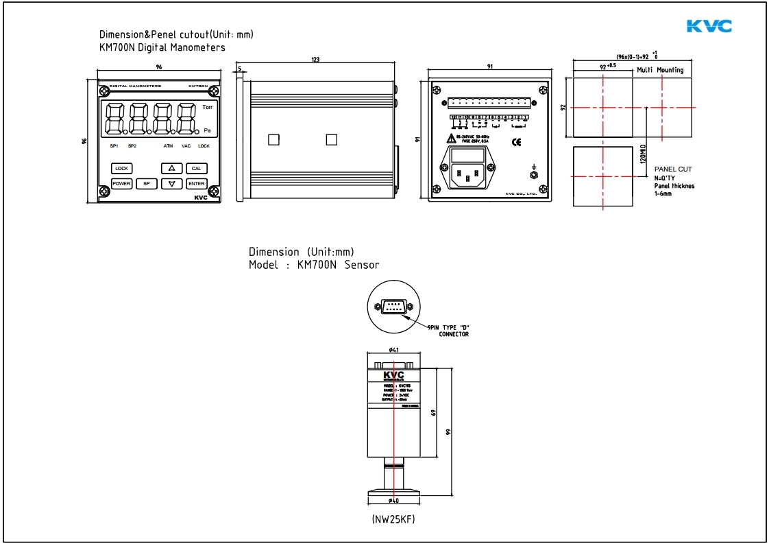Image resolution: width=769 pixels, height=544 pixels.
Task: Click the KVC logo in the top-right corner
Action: click(x=709, y=26)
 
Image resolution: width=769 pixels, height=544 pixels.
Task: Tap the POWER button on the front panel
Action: click(x=121, y=184)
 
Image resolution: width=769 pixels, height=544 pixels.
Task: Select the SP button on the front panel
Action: click(x=146, y=184)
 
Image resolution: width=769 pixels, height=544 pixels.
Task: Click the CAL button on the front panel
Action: click(x=196, y=168)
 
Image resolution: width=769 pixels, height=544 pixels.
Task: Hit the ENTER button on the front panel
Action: click(x=196, y=184)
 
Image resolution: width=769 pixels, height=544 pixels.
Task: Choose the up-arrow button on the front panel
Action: click(x=171, y=168)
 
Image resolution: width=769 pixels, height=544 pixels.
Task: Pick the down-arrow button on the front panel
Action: click(x=171, y=184)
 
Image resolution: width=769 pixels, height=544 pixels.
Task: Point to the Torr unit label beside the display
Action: click(x=207, y=108)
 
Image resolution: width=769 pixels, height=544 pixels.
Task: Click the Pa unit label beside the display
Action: click(x=207, y=130)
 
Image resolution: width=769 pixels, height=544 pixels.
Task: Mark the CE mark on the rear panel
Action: click(x=517, y=142)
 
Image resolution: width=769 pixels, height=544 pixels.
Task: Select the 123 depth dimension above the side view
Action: click(x=315, y=60)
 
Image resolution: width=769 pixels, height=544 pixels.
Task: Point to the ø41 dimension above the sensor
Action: click(x=394, y=351)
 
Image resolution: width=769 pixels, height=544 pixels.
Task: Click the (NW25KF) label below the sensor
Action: click(x=393, y=519)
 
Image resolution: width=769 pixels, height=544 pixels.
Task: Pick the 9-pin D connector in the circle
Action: click(x=394, y=307)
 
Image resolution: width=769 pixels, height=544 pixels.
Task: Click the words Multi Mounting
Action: click(x=660, y=70)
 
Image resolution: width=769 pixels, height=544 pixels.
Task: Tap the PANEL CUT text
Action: click(x=673, y=169)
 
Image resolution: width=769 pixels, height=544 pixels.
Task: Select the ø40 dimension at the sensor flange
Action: click(x=394, y=500)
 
